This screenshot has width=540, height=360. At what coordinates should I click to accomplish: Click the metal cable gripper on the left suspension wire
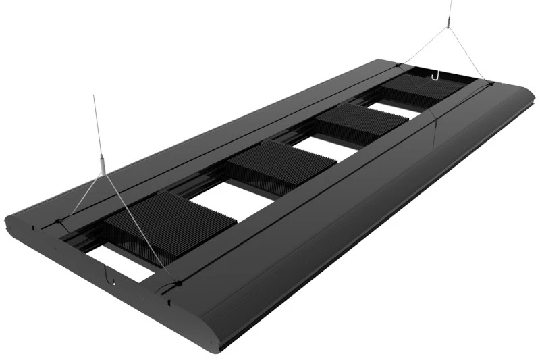(x=102, y=164)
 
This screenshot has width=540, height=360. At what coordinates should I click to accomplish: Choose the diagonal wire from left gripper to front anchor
(x=138, y=223)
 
